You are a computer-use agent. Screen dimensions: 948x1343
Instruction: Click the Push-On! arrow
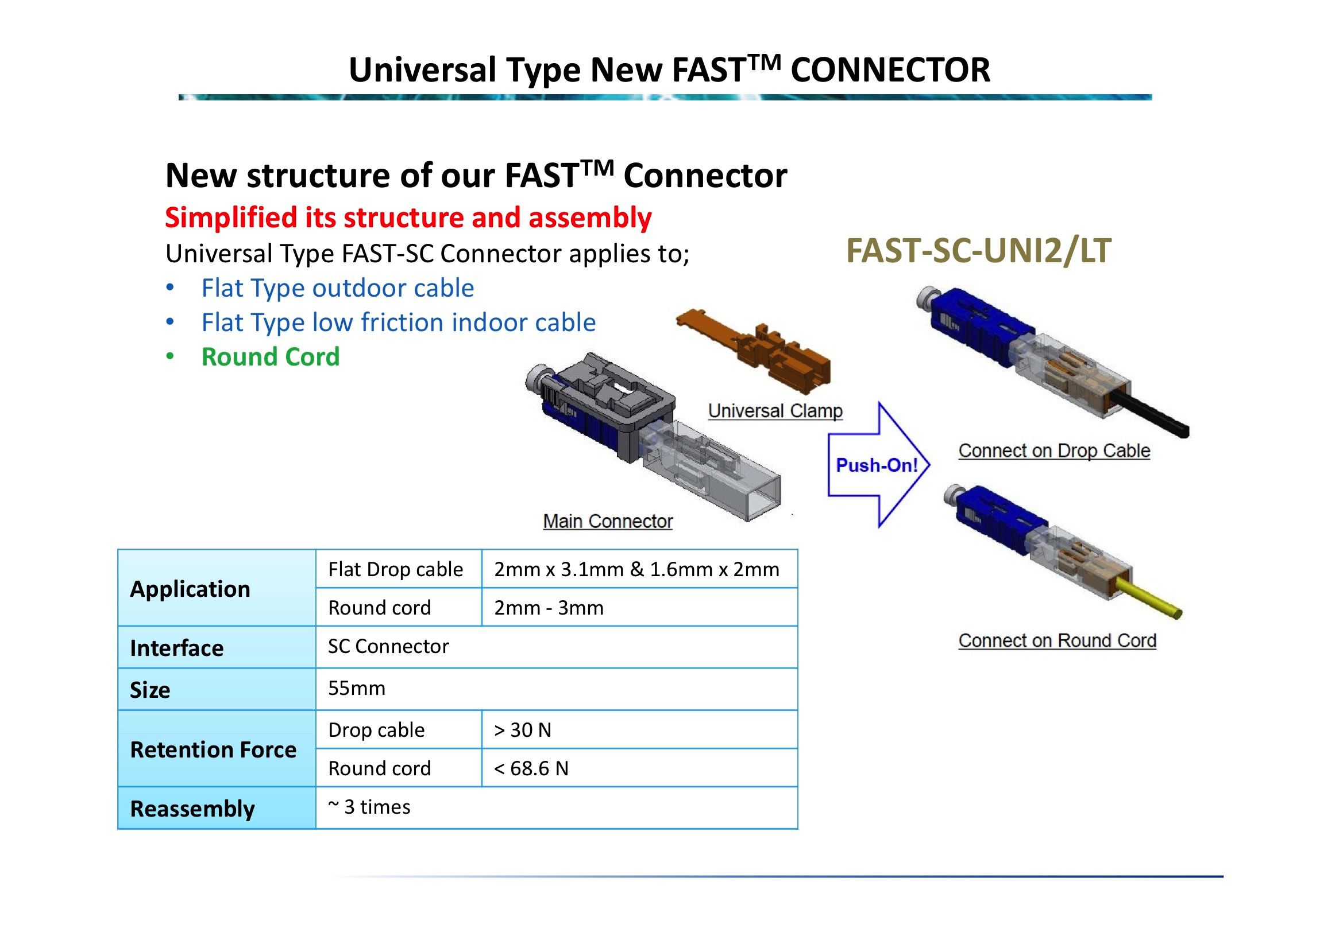click(x=877, y=465)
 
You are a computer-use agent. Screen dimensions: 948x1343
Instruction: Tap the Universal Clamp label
click(x=775, y=411)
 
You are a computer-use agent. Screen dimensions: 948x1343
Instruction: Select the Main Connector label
click(x=607, y=521)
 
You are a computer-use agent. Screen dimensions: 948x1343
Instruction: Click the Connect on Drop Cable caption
click(x=1054, y=451)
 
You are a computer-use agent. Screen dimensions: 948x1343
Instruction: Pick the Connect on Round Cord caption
click(x=1057, y=641)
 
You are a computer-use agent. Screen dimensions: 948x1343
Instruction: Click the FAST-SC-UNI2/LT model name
click(x=978, y=251)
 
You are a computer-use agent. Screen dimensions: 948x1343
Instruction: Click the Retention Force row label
click(x=213, y=750)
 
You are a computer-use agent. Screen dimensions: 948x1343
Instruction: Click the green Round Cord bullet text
click(x=270, y=357)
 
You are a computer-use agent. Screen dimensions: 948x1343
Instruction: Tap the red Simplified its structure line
click(x=408, y=217)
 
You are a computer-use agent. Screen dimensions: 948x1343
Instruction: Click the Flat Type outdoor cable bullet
click(x=338, y=288)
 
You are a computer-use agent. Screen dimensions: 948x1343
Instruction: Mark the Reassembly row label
click(x=192, y=809)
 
